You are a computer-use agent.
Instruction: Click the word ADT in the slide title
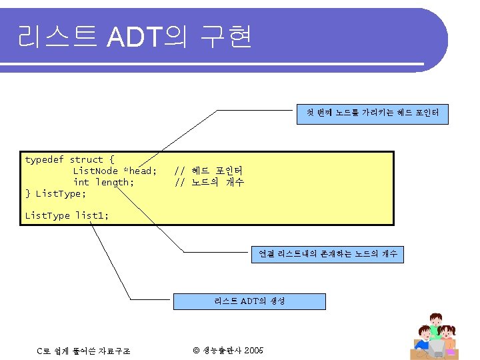[136, 37]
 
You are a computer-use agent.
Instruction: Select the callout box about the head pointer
[373, 115]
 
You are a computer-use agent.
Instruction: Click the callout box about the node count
[327, 253]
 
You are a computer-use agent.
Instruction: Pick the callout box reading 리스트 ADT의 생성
[250, 301]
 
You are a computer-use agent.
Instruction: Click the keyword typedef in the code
[44, 160]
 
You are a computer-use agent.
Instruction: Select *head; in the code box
[139, 171]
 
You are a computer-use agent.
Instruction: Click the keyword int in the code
[81, 183]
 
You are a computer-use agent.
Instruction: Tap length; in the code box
[115, 183]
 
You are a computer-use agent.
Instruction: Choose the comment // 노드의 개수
[209, 183]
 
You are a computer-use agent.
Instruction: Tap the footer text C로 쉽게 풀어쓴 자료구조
[83, 351]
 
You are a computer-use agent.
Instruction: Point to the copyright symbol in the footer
[197, 350]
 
